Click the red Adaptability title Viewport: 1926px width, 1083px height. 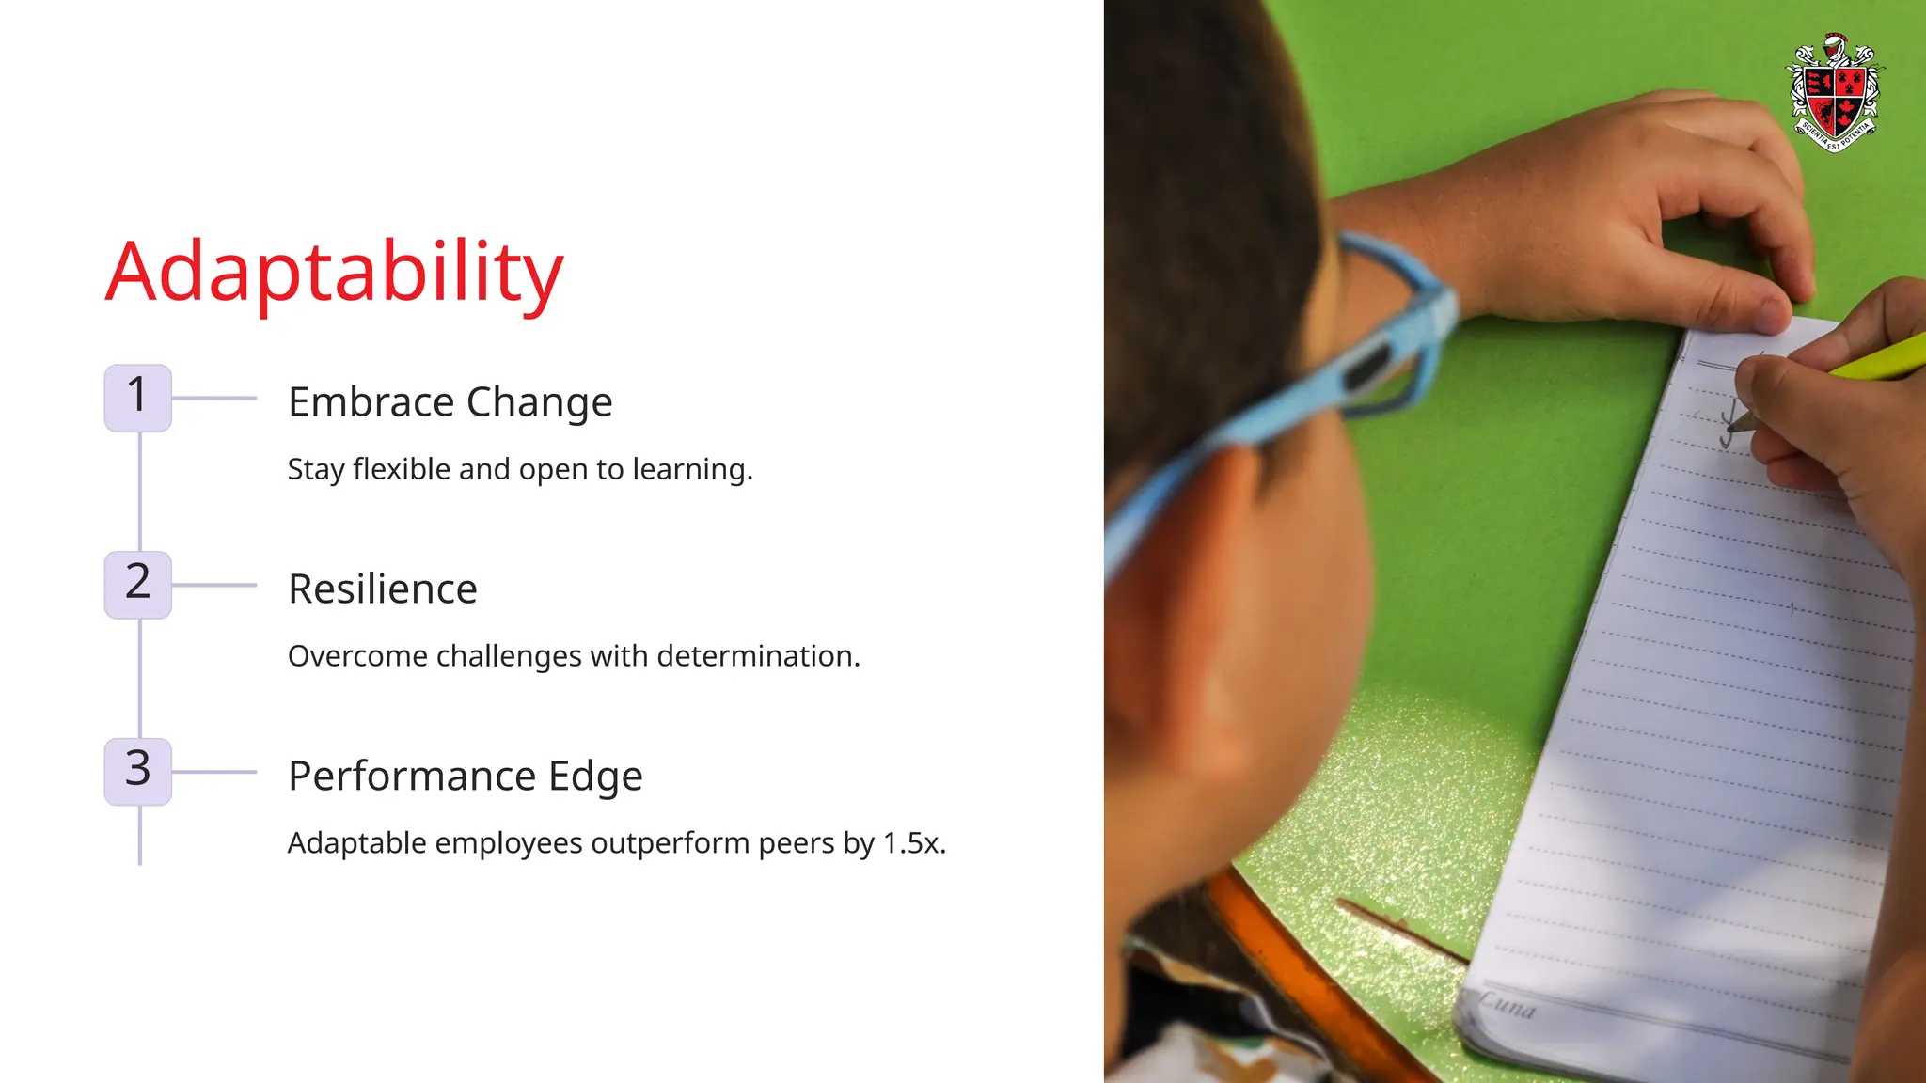point(334,273)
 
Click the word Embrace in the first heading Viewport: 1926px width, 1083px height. point(371,402)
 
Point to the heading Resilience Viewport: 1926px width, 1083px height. point(383,589)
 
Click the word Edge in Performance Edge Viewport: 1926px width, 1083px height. point(595,777)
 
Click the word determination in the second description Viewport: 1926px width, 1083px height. point(758,656)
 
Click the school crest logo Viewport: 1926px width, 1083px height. point(1835,93)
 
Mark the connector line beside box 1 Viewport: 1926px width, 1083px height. point(214,398)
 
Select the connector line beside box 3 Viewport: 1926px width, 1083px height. point(214,772)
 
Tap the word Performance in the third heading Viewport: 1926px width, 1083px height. point(412,777)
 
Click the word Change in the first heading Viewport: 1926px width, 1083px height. point(540,402)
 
